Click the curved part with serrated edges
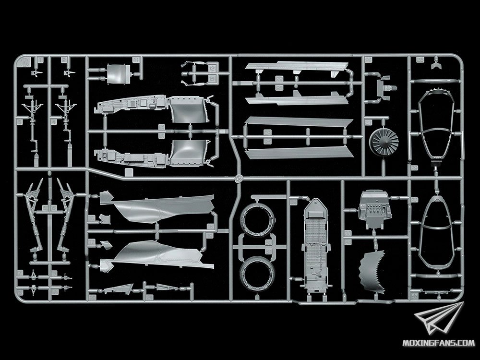[378, 272]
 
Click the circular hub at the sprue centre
[238, 178]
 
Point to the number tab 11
[136, 60]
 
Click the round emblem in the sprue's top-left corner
[22, 62]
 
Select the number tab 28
[420, 60]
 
